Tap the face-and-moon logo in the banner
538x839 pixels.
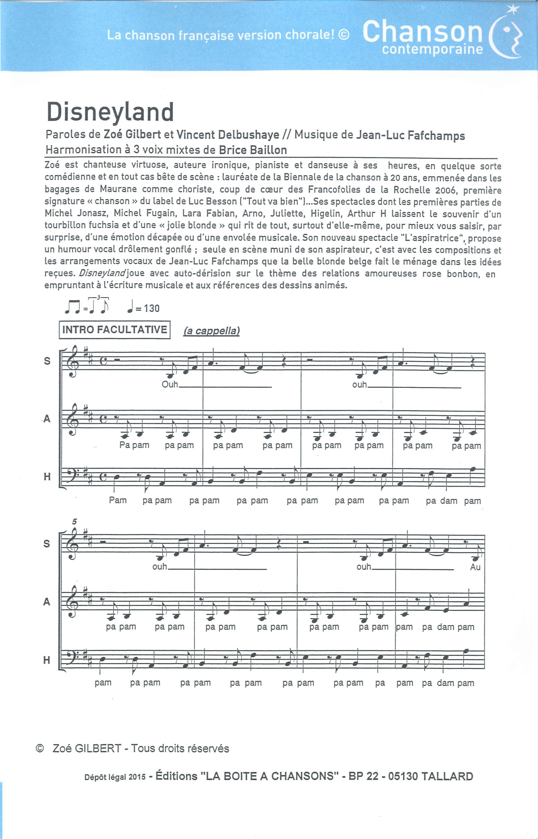click(x=507, y=35)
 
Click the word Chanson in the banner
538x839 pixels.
click(x=422, y=31)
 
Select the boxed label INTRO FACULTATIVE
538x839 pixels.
click(x=115, y=329)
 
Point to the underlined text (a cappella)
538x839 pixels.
click(x=212, y=331)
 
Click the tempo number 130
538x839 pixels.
click(x=152, y=308)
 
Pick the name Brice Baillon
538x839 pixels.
click(x=253, y=150)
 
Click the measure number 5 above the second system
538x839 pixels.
click(x=74, y=521)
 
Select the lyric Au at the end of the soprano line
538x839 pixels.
click(x=475, y=567)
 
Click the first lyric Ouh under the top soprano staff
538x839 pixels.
click(x=170, y=384)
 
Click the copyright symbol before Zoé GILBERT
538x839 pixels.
click(x=40, y=748)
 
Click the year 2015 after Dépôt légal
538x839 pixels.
click(x=137, y=777)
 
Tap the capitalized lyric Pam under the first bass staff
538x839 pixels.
click(x=118, y=500)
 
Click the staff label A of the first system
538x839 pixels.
click(x=47, y=419)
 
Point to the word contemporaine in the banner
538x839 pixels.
click(x=432, y=49)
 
